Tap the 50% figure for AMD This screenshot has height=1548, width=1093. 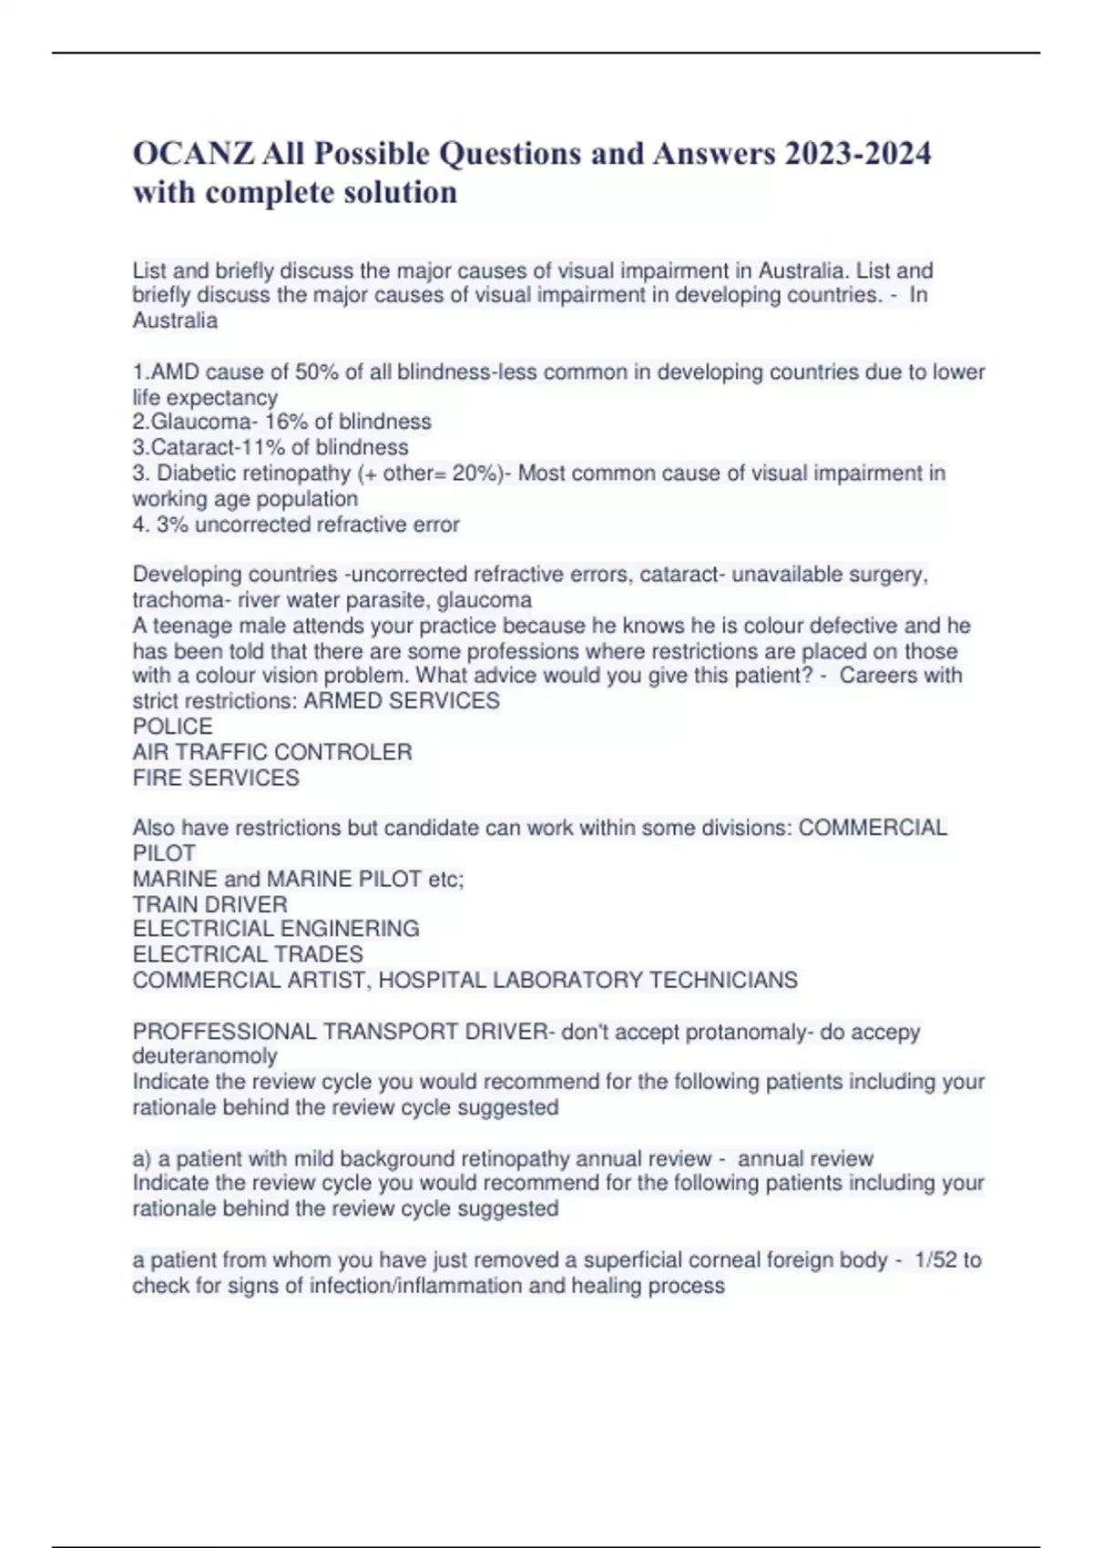coord(317,372)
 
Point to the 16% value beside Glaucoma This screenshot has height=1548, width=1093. coord(287,422)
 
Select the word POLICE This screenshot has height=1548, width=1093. coord(173,727)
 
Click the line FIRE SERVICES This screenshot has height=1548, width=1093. coord(216,778)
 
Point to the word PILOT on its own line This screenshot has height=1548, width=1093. coord(164,853)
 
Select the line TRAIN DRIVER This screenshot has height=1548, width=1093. coord(210,904)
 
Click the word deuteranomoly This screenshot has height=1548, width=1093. coord(205,1056)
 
